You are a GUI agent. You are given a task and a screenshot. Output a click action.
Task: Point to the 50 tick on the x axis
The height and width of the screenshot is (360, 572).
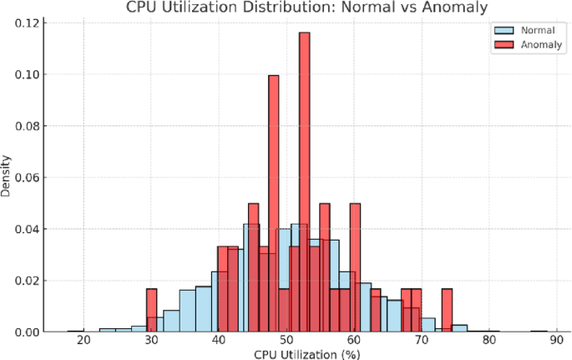point(286,341)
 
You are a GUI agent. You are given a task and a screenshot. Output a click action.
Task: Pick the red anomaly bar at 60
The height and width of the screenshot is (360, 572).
point(355,267)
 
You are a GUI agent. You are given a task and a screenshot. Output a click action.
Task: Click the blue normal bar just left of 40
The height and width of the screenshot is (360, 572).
point(203,309)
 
